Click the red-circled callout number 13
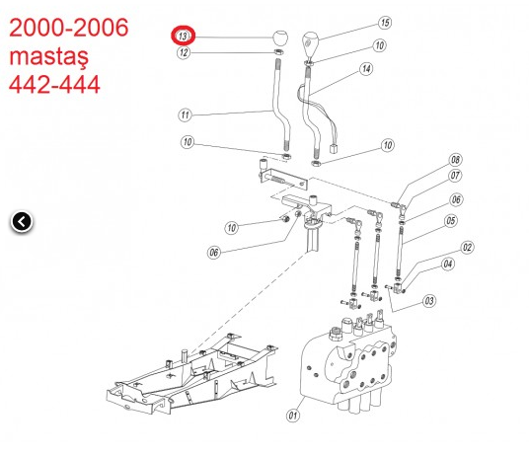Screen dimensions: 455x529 point(184,37)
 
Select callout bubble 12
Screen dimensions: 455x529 point(184,53)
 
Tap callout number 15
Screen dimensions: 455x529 point(385,22)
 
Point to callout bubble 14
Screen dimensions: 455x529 point(366,69)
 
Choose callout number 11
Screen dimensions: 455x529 point(184,114)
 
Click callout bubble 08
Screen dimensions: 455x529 point(455,160)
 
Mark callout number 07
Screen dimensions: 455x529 point(455,177)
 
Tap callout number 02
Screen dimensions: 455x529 point(468,248)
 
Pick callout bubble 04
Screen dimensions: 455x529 point(448,264)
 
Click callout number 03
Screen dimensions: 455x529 point(428,300)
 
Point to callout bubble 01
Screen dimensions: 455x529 point(292,416)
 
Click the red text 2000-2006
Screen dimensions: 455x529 point(68,28)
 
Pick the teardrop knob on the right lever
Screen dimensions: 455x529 point(312,42)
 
